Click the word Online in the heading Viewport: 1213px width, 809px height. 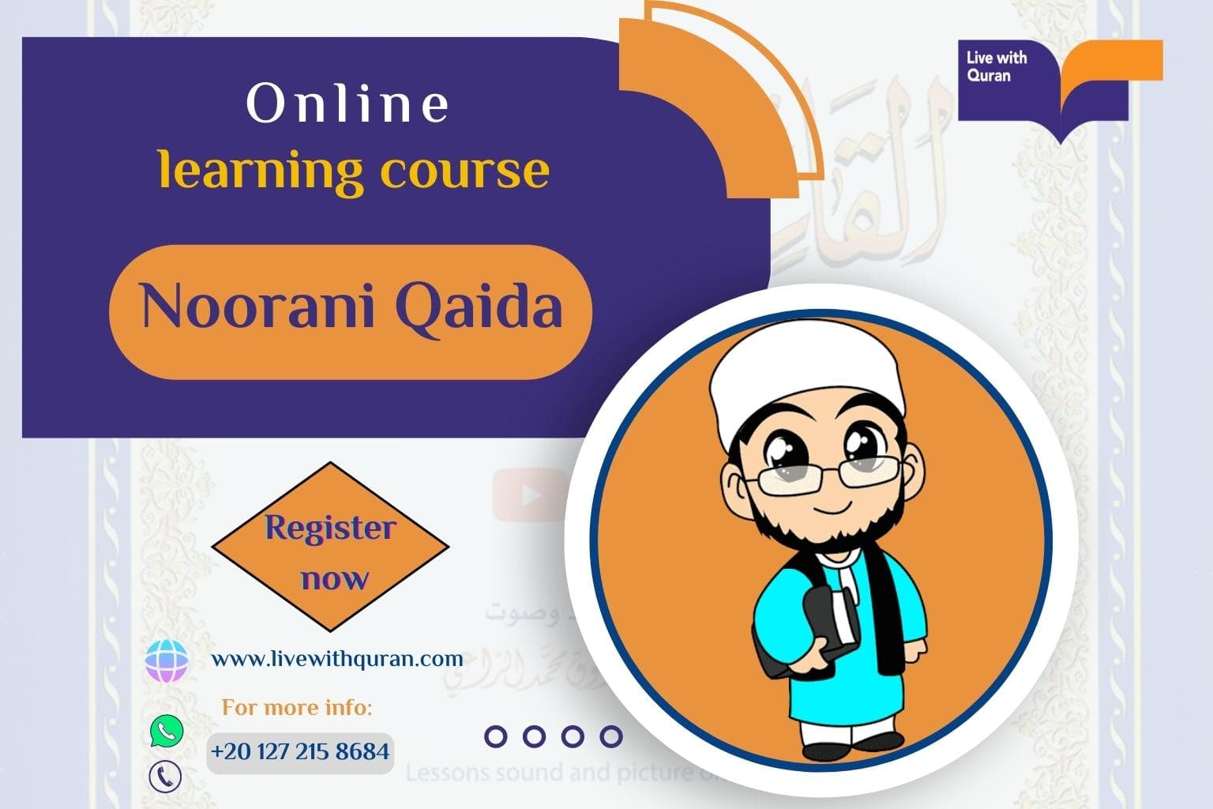click(x=348, y=104)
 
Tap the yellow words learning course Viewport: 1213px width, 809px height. click(x=353, y=171)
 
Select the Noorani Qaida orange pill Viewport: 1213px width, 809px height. click(x=351, y=310)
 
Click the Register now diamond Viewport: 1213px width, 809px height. click(x=330, y=551)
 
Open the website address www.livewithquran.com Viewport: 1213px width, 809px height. click(x=337, y=658)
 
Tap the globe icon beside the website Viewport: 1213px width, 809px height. click(x=167, y=660)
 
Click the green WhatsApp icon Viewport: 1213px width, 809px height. click(x=166, y=731)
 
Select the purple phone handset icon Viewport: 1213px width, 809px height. click(x=165, y=776)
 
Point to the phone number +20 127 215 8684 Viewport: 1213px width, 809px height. click(x=300, y=751)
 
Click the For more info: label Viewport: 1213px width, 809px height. click(x=296, y=707)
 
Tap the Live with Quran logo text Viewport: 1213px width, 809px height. click(x=996, y=67)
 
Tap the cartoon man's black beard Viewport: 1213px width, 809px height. click(x=821, y=537)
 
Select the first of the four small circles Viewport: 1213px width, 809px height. click(x=496, y=736)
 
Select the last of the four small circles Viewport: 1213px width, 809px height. click(x=610, y=736)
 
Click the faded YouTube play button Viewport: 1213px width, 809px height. click(x=530, y=495)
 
